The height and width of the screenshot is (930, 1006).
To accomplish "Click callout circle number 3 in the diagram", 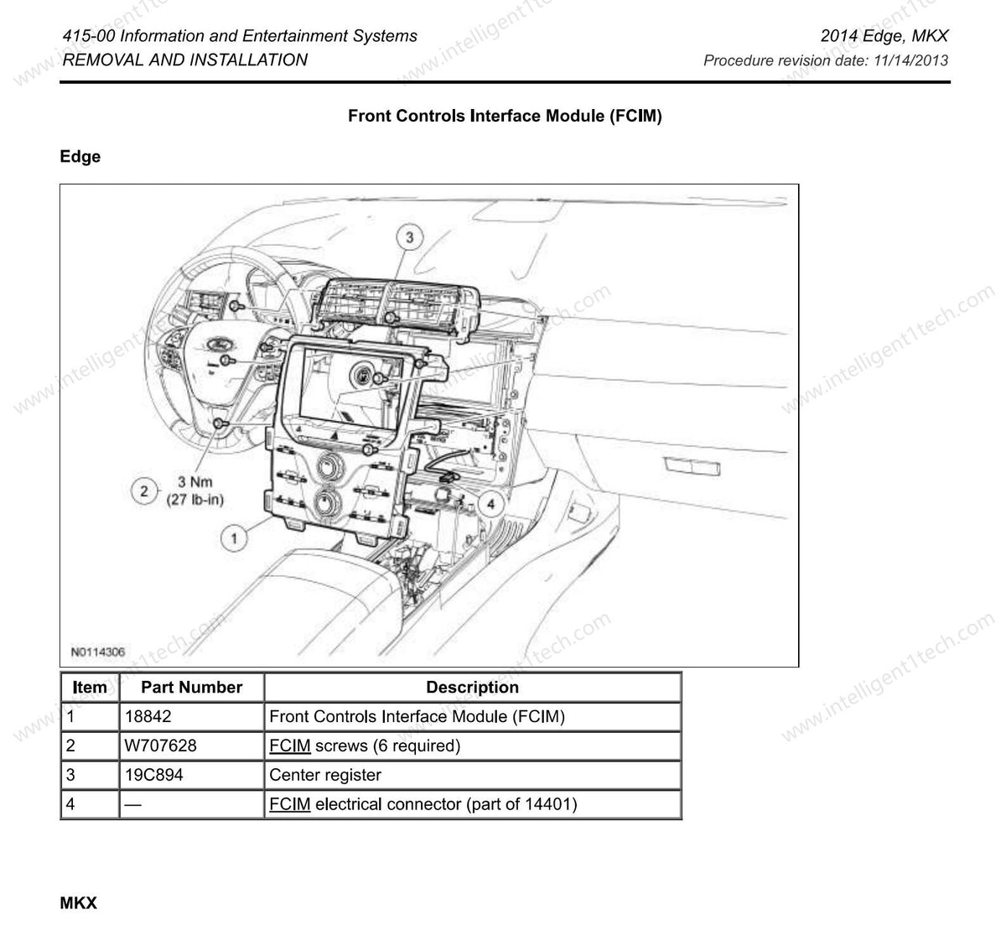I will [x=409, y=237].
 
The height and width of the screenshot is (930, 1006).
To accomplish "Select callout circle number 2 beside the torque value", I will [x=144, y=491].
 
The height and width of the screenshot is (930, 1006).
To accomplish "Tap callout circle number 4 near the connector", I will [x=490, y=503].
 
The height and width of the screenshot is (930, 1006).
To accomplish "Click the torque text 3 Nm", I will [x=194, y=482].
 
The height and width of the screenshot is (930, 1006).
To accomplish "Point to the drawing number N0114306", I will [x=98, y=652].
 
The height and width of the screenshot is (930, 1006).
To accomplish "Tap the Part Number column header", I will [x=191, y=688].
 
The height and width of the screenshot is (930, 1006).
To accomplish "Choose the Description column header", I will [x=472, y=688].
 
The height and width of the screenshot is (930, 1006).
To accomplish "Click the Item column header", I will [x=90, y=688].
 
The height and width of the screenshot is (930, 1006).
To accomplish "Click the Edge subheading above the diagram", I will [x=80, y=157].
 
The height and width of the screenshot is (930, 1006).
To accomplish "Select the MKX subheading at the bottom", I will [x=79, y=903].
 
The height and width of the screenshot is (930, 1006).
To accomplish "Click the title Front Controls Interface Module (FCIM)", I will [x=505, y=117].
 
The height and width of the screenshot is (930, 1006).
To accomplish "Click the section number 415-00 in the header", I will [x=90, y=36].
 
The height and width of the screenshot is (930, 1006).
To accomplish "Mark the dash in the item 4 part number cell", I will [x=132, y=804].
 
